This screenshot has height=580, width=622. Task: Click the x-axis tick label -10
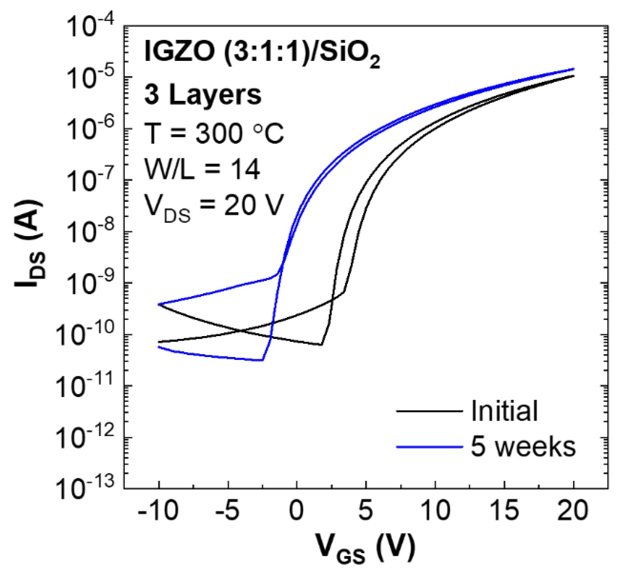point(158,510)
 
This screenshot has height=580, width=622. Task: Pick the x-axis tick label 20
point(572,510)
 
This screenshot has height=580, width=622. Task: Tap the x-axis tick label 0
point(296,510)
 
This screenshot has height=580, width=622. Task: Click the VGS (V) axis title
point(365,548)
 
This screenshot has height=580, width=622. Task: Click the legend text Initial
point(504,411)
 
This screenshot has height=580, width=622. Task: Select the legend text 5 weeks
point(522,447)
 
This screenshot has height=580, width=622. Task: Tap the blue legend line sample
point(429,447)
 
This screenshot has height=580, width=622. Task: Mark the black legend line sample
point(429,411)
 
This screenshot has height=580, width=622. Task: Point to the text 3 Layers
point(203,95)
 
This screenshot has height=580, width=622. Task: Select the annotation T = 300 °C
point(214,133)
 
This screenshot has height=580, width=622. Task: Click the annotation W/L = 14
point(202,169)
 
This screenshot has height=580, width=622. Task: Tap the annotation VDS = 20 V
point(213,207)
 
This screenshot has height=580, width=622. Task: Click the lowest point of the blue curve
point(262,360)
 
